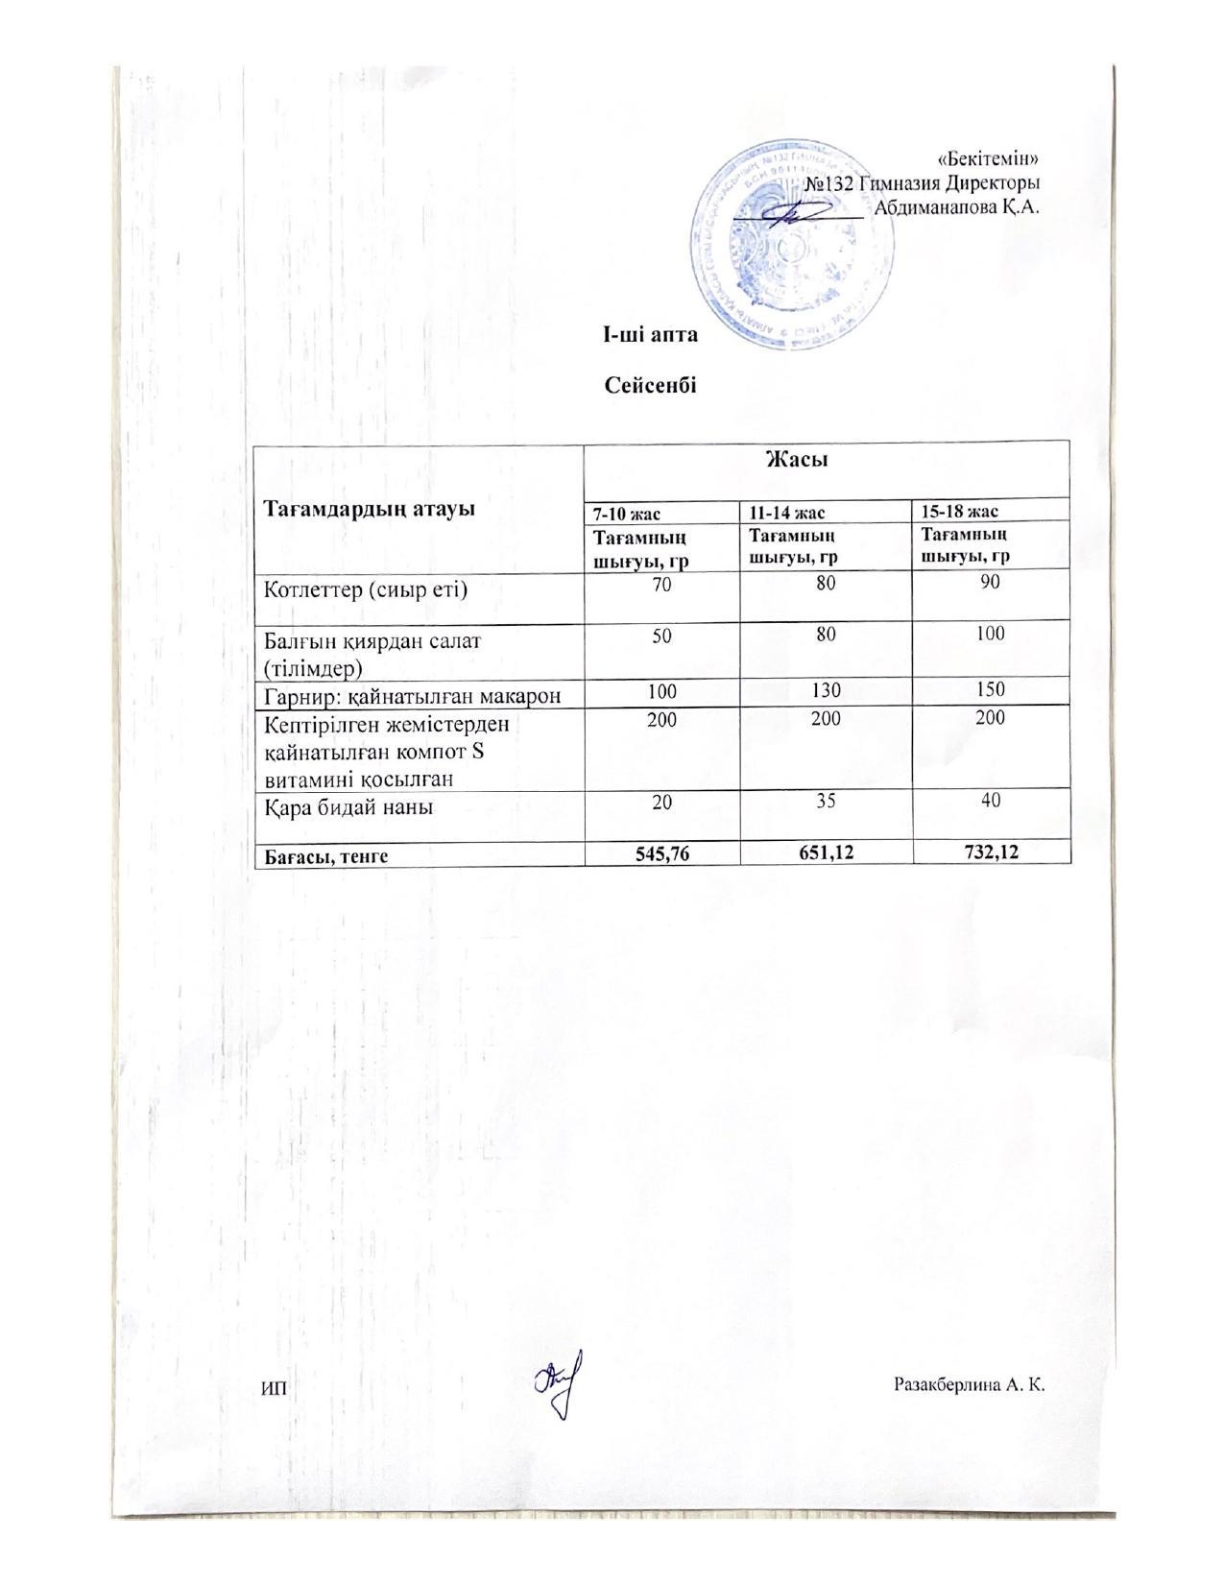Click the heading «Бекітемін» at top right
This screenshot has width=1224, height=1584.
point(989,159)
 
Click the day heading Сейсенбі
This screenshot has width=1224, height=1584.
point(650,386)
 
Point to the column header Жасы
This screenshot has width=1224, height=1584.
point(796,460)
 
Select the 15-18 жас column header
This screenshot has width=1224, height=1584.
point(960,512)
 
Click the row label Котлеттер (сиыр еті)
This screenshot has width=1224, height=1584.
point(366,588)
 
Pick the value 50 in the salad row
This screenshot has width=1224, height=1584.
point(661,635)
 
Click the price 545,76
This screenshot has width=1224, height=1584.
point(661,854)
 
